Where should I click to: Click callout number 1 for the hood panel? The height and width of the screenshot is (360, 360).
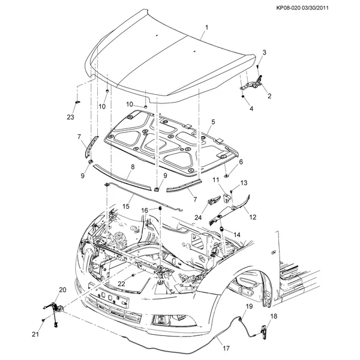click(206, 28)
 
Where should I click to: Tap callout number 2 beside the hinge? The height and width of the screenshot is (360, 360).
click(269, 96)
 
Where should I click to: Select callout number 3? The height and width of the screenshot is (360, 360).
click(264, 52)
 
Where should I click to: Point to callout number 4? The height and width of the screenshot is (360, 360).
click(251, 109)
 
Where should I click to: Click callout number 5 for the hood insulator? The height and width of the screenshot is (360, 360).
click(212, 122)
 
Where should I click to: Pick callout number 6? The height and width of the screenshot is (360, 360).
click(241, 162)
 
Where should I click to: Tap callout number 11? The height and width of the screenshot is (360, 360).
click(214, 180)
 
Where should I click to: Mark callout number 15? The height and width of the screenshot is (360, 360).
click(126, 206)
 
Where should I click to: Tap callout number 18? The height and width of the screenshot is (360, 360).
click(273, 316)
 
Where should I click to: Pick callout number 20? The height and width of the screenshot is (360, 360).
click(62, 290)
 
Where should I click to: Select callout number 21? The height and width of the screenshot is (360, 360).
click(35, 334)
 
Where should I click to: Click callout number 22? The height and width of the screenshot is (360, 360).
click(121, 284)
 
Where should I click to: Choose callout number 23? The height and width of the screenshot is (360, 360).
click(70, 117)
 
